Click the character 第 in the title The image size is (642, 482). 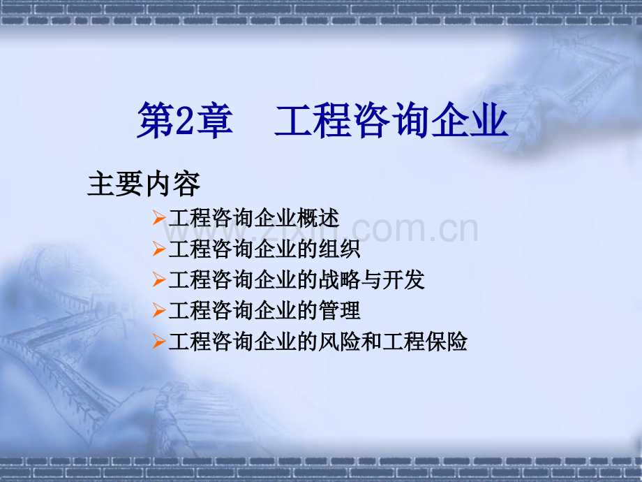[x=156, y=120]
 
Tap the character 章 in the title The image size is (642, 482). [x=214, y=120]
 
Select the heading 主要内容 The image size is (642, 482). [x=144, y=184]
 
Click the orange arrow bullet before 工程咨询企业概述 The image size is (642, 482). [x=159, y=218]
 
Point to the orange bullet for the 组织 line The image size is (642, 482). [x=159, y=249]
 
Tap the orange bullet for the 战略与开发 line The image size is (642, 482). [x=159, y=279]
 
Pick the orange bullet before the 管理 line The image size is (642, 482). [x=159, y=310]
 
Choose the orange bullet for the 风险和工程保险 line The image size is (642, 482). [x=159, y=341]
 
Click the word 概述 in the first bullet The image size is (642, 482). [x=318, y=218]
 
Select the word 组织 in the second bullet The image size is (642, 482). [x=339, y=249]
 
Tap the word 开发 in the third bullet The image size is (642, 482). [x=404, y=279]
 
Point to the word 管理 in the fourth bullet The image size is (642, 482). [x=339, y=310]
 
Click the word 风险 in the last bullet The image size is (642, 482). [x=339, y=341]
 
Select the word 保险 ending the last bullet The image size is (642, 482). [x=447, y=341]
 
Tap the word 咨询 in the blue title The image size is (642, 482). [x=392, y=120]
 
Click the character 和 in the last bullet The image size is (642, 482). [x=372, y=341]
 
